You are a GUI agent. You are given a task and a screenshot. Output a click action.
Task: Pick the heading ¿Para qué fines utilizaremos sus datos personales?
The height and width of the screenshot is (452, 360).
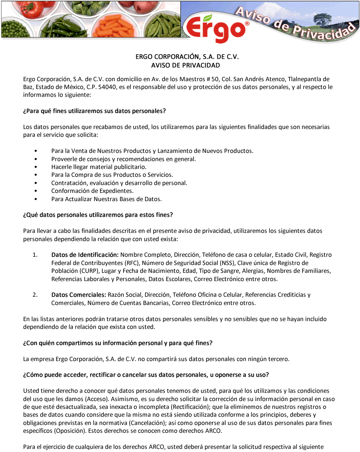(x=94, y=111)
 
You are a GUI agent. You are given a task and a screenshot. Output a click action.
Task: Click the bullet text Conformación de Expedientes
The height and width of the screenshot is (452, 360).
(x=92, y=191)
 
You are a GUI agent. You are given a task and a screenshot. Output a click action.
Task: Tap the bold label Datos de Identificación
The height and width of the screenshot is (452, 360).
(x=85, y=255)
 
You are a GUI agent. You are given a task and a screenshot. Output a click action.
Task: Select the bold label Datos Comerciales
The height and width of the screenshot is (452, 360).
(x=79, y=295)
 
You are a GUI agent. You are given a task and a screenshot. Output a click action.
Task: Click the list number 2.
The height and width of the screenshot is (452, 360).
(x=35, y=295)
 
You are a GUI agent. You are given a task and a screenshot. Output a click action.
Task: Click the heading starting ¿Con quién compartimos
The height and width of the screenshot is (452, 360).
(x=118, y=343)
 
